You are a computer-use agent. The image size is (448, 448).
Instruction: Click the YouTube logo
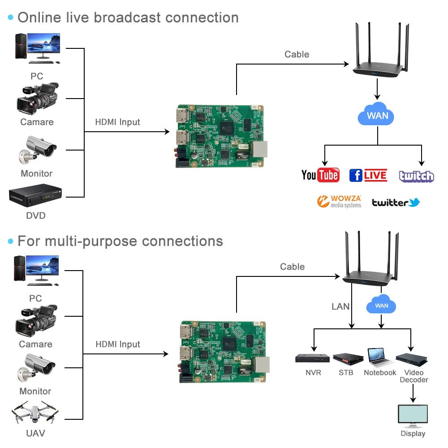click(320, 175)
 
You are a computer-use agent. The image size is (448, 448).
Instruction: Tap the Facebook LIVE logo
click(368, 175)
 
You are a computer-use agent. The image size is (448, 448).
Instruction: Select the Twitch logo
click(417, 176)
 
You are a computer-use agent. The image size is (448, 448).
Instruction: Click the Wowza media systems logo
click(339, 202)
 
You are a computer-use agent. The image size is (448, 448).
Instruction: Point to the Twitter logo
click(396, 202)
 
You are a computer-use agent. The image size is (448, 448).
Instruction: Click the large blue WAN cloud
click(377, 115)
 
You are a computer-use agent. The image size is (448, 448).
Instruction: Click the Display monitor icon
click(413, 416)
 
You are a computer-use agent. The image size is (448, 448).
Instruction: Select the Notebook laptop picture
click(380, 357)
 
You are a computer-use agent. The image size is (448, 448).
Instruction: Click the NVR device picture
click(312, 358)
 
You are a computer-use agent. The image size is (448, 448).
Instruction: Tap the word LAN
click(340, 306)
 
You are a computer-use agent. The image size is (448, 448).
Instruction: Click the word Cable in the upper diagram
click(297, 54)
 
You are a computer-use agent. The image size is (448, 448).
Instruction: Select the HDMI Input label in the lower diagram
click(118, 344)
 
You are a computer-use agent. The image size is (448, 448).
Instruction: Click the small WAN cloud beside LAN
click(381, 306)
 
